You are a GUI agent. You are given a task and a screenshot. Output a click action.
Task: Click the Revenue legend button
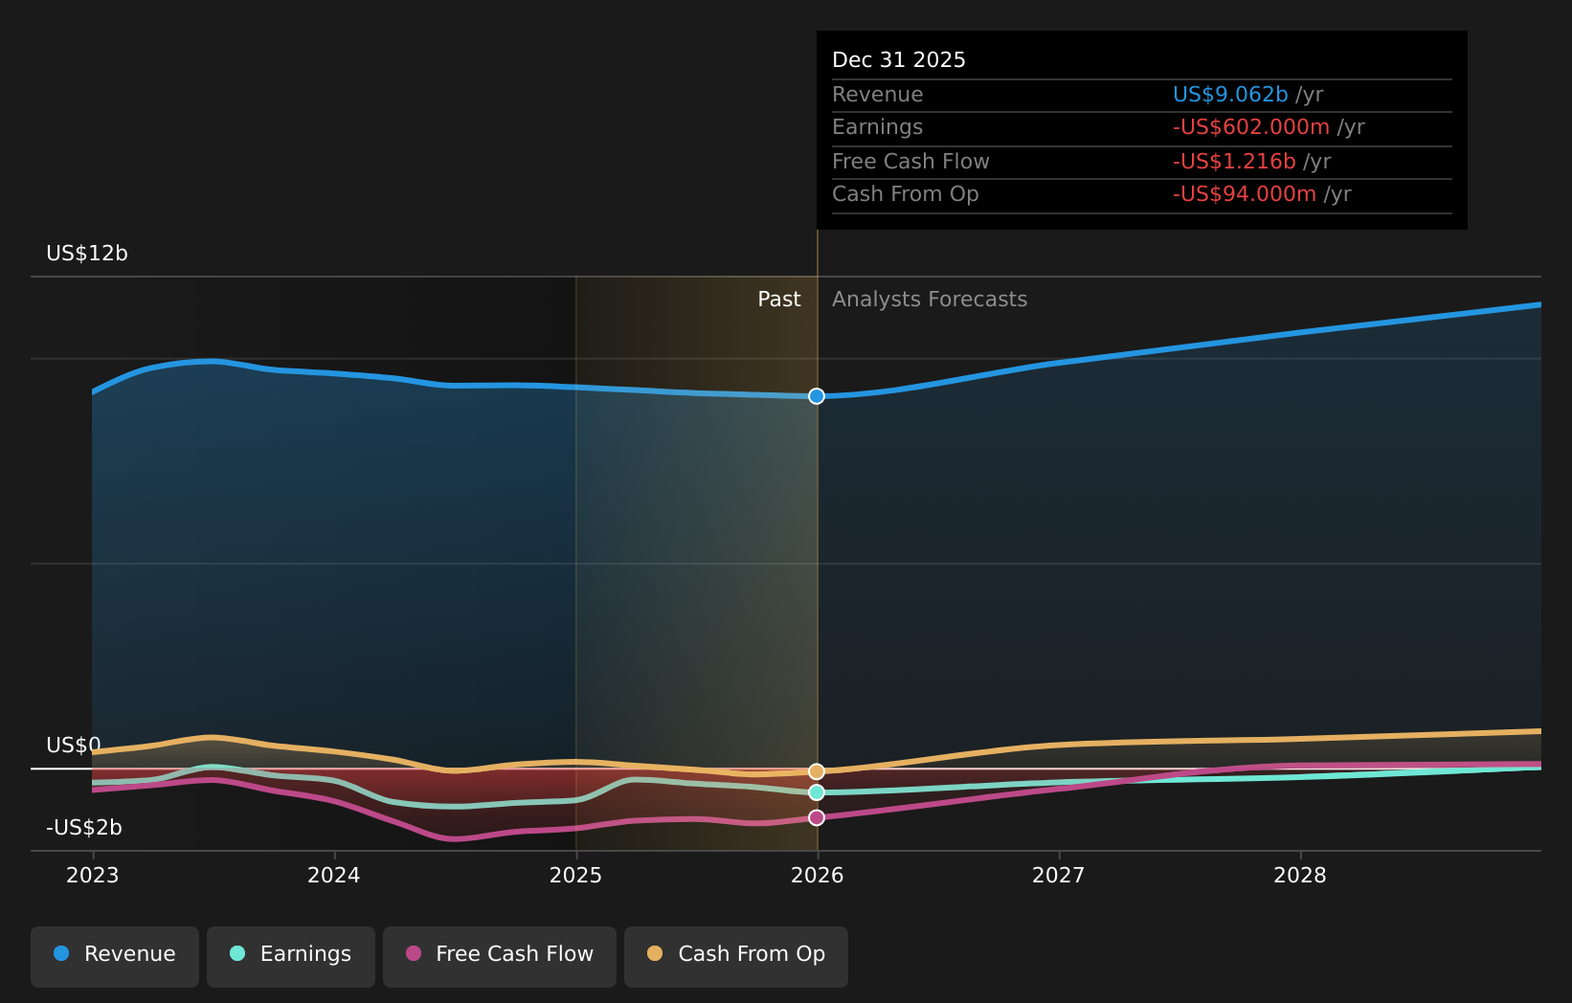pyautogui.click(x=115, y=954)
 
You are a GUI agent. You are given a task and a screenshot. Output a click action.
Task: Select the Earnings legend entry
pyautogui.click(x=291, y=954)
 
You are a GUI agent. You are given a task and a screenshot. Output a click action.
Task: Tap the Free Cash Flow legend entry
pyautogui.click(x=500, y=954)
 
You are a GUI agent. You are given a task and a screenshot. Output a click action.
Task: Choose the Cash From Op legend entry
pyautogui.click(x=736, y=954)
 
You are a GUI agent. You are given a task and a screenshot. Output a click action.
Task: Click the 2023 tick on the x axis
pyautogui.click(x=93, y=876)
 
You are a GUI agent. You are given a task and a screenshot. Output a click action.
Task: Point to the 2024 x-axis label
pyautogui.click(x=334, y=876)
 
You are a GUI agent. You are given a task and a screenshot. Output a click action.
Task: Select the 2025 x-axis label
pyautogui.click(x=575, y=876)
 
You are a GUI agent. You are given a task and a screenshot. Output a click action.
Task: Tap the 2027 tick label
pyautogui.click(x=1059, y=876)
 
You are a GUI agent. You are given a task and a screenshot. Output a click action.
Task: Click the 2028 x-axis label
pyautogui.click(x=1300, y=876)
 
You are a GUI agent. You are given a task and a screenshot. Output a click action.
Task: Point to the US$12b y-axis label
pyautogui.click(x=87, y=254)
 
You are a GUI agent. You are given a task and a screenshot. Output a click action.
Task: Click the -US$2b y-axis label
pyautogui.click(x=84, y=828)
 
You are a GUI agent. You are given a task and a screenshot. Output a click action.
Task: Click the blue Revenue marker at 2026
pyautogui.click(x=817, y=396)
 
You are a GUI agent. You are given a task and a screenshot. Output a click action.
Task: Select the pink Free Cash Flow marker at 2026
pyautogui.click(x=817, y=817)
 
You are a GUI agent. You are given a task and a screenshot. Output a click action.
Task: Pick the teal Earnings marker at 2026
pyautogui.click(x=817, y=792)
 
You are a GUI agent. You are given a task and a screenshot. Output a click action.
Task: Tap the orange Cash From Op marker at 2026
pyautogui.click(x=817, y=771)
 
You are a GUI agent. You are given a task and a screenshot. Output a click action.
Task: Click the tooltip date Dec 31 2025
pyautogui.click(x=899, y=60)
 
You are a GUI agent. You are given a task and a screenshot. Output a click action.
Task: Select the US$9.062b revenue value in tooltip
pyautogui.click(x=1230, y=95)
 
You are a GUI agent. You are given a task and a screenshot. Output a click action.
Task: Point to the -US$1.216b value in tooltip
pyautogui.click(x=1234, y=162)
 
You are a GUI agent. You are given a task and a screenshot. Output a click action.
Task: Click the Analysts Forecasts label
pyautogui.click(x=930, y=300)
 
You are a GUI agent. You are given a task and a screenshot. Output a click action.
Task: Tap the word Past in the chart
pyautogui.click(x=779, y=300)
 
